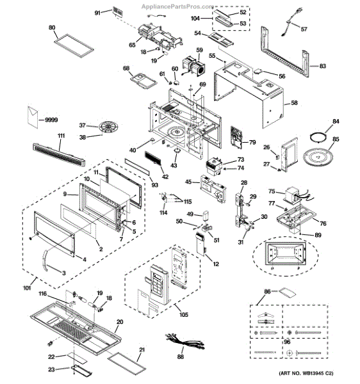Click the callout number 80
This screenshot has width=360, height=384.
(x=53, y=28)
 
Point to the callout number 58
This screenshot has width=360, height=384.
(x=294, y=103)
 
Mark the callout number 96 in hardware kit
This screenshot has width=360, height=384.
(x=287, y=342)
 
